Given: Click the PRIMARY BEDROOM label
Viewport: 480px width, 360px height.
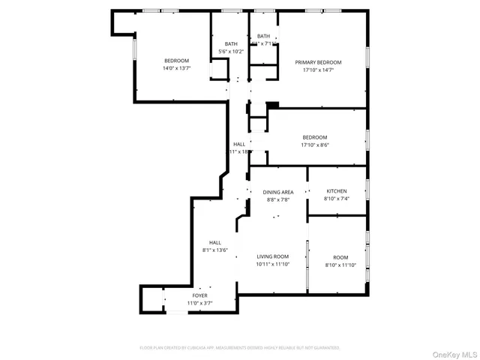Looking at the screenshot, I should (318, 62).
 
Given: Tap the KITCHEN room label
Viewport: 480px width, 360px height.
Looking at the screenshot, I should (336, 191).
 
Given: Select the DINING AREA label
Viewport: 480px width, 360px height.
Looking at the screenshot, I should (277, 193).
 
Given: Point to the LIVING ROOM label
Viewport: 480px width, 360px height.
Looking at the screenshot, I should (273, 256).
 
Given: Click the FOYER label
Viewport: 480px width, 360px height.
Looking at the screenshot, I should (199, 295).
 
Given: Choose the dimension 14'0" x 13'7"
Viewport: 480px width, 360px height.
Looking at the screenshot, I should (177, 68).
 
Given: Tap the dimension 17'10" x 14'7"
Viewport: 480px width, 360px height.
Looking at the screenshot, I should (318, 70).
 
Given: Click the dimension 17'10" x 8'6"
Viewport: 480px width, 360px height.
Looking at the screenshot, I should (315, 145).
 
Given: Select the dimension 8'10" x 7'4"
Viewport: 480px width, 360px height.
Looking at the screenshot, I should (336, 199).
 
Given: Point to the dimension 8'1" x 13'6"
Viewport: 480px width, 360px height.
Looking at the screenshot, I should (215, 250).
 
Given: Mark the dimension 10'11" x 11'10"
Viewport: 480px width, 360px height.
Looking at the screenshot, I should (273, 264).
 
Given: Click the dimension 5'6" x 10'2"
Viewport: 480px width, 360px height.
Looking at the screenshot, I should (231, 52).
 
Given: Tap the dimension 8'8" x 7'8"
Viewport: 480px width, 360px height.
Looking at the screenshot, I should (277, 200).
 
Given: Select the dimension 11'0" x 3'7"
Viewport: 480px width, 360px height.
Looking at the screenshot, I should (199, 303).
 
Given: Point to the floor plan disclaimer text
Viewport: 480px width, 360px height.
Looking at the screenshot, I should (240, 348).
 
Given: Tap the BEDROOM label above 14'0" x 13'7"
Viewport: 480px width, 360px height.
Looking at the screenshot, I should (177, 61).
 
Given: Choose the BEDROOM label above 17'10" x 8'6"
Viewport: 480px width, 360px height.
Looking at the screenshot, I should (315, 137).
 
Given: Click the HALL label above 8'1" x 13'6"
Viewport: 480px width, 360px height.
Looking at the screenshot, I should (215, 242).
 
